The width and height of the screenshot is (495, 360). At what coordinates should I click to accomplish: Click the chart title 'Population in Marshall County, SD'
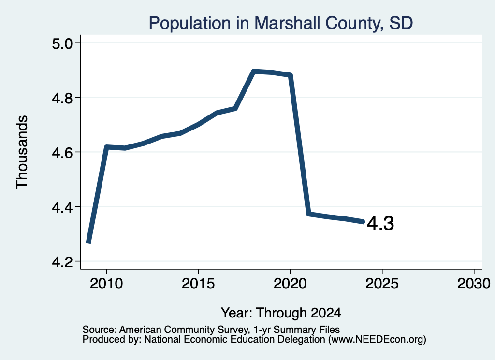point(281,23)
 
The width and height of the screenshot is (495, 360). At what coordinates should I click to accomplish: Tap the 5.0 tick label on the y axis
point(62,43)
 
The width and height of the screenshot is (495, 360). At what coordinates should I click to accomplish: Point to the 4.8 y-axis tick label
point(62,98)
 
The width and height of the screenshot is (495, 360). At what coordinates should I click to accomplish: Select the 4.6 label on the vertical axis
point(62,152)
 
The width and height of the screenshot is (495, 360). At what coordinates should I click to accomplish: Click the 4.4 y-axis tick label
point(62,207)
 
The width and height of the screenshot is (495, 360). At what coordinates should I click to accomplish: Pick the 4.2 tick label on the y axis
point(62,261)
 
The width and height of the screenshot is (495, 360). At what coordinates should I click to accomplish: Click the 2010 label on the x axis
point(106,283)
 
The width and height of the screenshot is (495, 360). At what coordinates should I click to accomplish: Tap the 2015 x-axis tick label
point(198,283)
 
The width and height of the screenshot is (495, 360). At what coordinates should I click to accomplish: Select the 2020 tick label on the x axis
point(290,283)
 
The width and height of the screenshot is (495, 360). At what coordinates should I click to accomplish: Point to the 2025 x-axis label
point(382,283)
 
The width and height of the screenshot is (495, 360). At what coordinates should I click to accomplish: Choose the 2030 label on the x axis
point(474,283)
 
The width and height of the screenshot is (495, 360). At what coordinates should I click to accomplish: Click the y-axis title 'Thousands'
point(22,152)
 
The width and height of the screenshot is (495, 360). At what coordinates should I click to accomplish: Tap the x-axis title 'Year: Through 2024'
point(281,313)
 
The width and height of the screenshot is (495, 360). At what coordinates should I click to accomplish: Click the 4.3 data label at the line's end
point(381,223)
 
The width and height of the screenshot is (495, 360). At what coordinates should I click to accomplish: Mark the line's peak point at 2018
point(253,72)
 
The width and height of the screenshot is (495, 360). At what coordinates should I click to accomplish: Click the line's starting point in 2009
point(89,242)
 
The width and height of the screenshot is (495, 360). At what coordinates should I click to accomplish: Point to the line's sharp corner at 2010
point(106,147)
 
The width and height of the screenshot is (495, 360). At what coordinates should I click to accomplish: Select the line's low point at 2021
point(309,214)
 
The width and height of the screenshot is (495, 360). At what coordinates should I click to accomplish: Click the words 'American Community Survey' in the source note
point(183,330)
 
